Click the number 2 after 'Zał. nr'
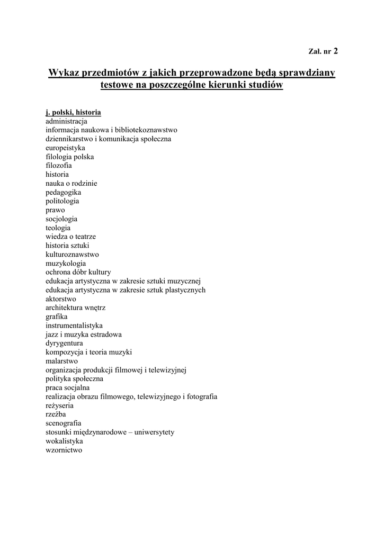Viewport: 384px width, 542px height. tap(335, 51)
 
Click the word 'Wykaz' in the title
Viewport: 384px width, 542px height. tap(64, 72)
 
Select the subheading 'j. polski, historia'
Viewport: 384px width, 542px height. tap(73, 112)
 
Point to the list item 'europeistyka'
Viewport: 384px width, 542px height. tap(65, 148)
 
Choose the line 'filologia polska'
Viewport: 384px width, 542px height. tap(70, 157)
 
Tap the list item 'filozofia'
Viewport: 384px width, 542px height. tap(59, 166)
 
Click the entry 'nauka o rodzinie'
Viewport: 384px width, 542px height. tap(71, 183)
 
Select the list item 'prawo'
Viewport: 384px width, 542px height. tap(55, 210)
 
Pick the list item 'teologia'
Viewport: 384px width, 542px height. tap(58, 228)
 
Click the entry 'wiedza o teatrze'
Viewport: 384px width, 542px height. tap(70, 237)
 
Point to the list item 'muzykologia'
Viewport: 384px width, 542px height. tap(66, 263)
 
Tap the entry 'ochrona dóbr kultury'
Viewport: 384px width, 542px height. tap(78, 272)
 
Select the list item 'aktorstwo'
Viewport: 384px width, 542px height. tap(60, 299)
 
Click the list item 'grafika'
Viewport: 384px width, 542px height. tap(56, 317)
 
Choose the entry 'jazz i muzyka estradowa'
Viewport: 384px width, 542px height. tap(84, 335)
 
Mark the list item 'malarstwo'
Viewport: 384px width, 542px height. tap(61, 361)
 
